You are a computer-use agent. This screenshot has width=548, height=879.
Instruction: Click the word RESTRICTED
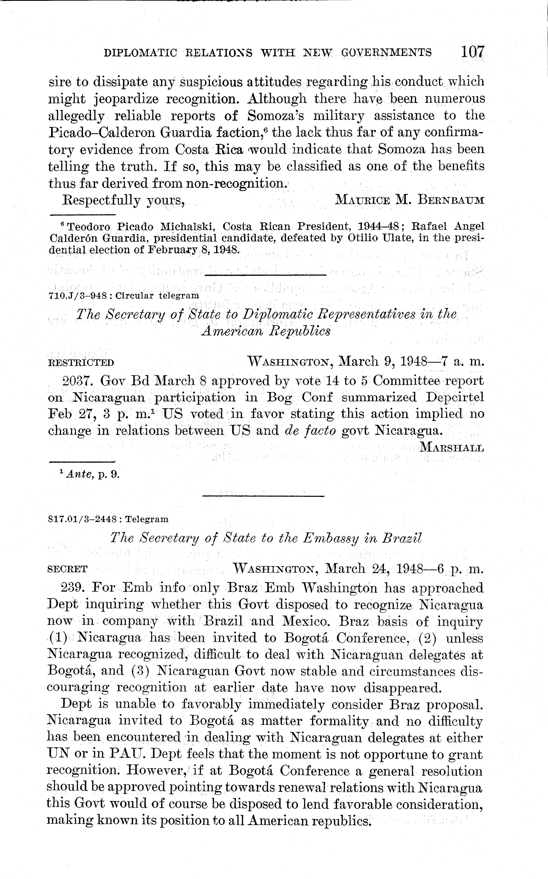(x=81, y=363)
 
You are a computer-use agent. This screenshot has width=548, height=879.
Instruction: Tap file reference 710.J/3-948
(x=77, y=295)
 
